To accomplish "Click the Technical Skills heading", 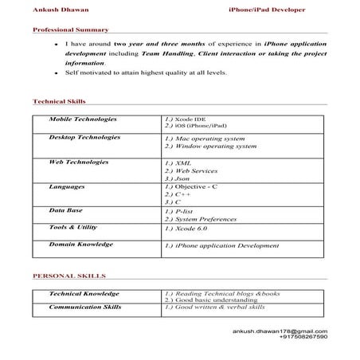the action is pos(59,102).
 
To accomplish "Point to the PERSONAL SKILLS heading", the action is pos(65,276).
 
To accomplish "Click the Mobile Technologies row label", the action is pos(83,119).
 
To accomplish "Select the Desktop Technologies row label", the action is pos(84,137).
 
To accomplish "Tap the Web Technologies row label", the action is pos(78,161).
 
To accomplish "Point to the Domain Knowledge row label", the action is pos(80,244).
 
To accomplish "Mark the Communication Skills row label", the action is pos(85,305).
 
